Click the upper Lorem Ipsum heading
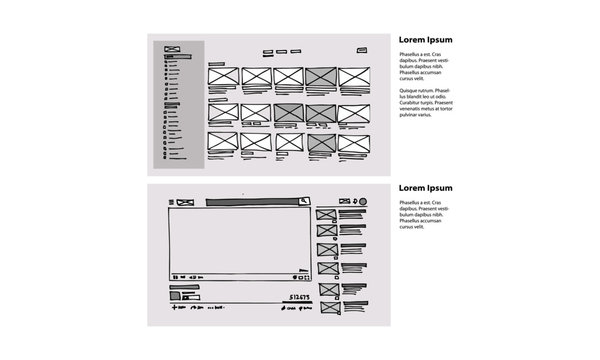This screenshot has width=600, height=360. tap(426, 40)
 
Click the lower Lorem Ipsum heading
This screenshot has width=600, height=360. tap(426, 188)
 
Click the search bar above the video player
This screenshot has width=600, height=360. tap(254, 202)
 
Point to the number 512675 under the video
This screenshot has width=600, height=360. tap(298, 297)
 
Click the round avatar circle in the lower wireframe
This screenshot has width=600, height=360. tap(363, 202)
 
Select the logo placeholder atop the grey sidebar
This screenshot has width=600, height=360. tap(171, 50)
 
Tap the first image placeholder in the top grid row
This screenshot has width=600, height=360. tap(221, 77)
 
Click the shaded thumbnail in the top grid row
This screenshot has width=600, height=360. tap(320, 77)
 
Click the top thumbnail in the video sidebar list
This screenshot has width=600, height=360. tap(326, 215)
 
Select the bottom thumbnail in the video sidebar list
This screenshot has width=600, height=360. tap(326, 306)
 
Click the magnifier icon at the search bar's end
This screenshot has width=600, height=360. tap(301, 202)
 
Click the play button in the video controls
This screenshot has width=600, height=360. tap(175, 276)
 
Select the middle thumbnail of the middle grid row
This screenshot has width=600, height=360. tap(288, 111)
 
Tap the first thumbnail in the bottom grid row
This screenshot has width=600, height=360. tap(221, 143)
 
